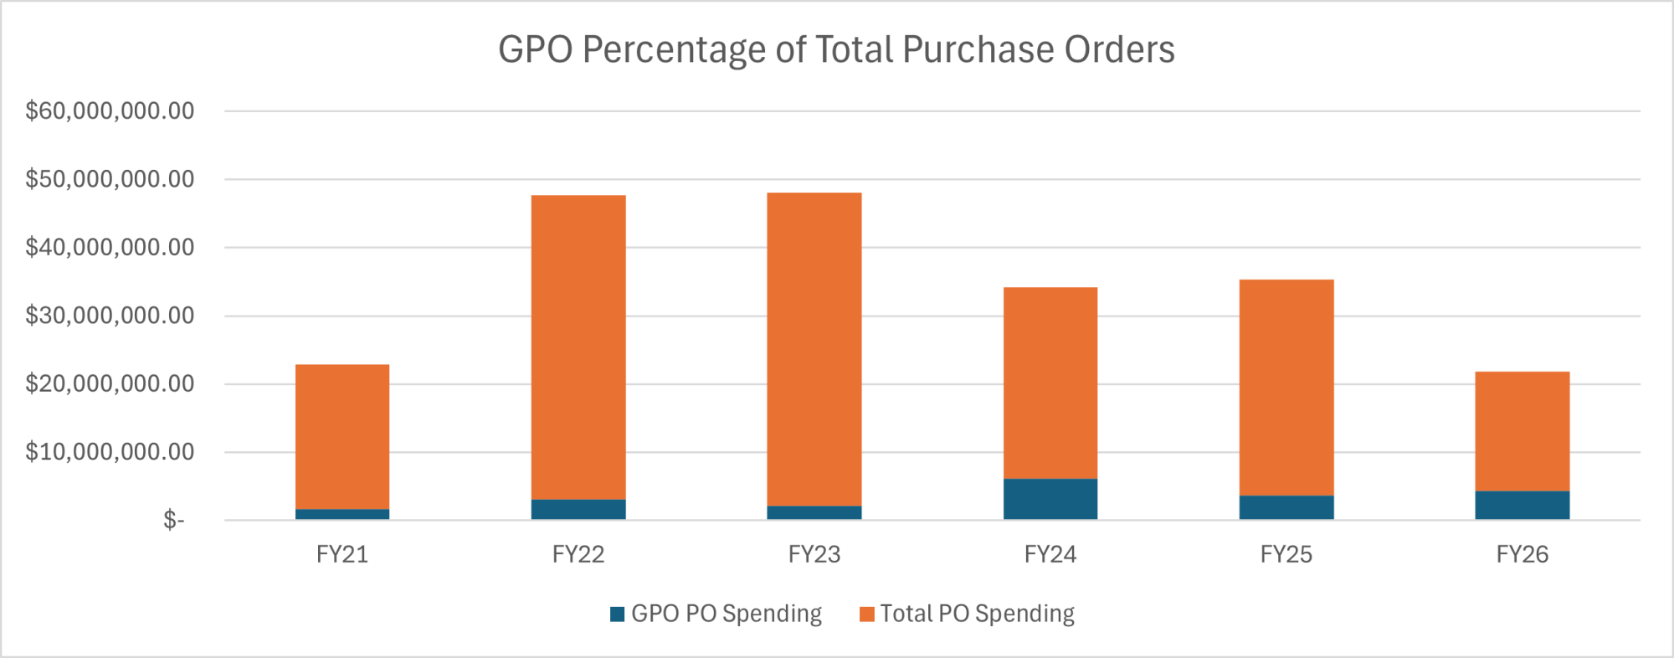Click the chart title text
[x=836, y=49]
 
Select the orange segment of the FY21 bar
[x=342, y=436]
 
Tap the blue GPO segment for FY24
[x=1050, y=499]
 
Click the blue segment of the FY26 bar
[x=1522, y=505]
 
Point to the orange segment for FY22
[x=578, y=347]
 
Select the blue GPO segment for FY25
[x=1286, y=507]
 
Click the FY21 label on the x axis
[x=342, y=554]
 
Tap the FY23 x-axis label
[x=814, y=554]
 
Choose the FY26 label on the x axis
[x=1522, y=554]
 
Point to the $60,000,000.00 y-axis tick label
[x=110, y=111]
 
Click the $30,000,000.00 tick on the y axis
[x=110, y=316]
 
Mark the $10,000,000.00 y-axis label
[x=110, y=452]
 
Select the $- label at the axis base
[x=173, y=521]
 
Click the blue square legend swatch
[x=618, y=614]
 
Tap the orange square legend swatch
[x=867, y=614]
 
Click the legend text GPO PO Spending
[x=727, y=614]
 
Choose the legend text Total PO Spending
[x=977, y=614]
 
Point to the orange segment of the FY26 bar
[x=1522, y=431]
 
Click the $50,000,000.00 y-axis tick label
[x=110, y=179]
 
